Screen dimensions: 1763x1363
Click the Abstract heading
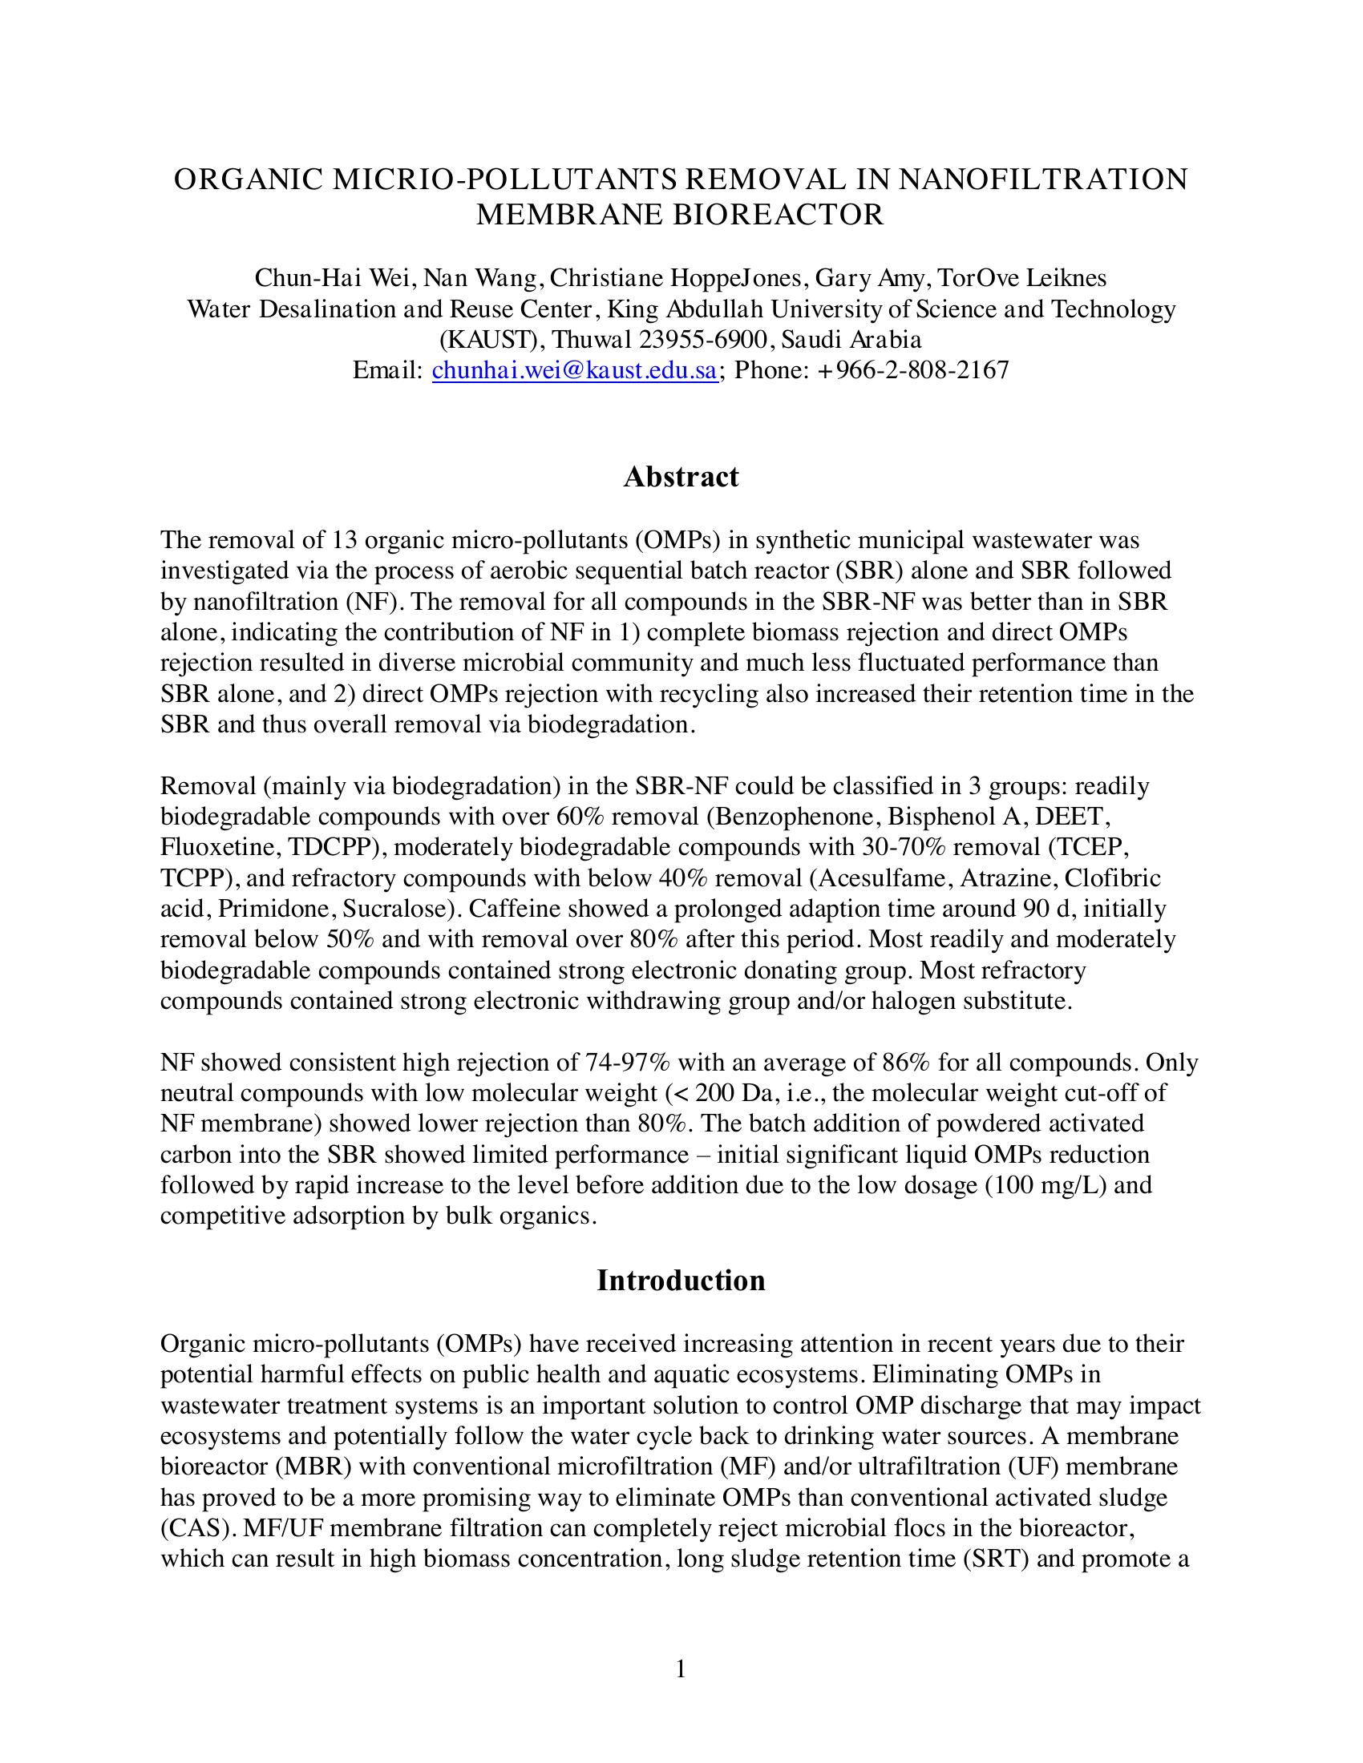[x=681, y=477]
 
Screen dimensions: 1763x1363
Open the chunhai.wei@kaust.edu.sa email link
[x=575, y=370]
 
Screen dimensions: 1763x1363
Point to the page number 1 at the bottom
[x=681, y=1668]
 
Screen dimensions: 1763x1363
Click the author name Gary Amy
[x=871, y=279]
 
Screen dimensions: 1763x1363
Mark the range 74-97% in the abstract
[x=629, y=1063]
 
